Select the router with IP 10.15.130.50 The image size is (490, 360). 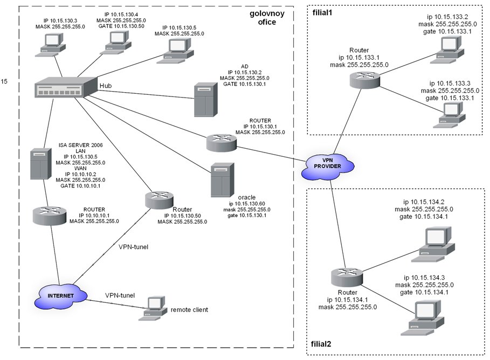tap(158, 200)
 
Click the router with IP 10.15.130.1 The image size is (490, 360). tap(221, 142)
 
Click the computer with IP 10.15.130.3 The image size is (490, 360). tap(52, 44)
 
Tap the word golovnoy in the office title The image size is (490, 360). tap(267, 12)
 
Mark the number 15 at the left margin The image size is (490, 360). tap(5, 81)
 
